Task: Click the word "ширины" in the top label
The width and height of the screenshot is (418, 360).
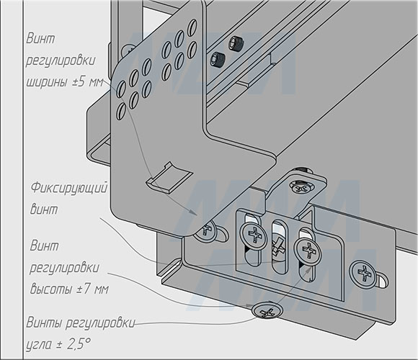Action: [47, 82]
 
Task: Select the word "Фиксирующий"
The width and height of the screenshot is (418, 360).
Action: [69, 188]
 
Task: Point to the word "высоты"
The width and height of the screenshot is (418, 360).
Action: [51, 289]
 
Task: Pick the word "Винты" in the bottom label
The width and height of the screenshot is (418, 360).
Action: [44, 323]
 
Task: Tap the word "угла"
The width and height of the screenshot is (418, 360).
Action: [39, 345]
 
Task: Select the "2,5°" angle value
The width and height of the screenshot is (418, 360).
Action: [79, 344]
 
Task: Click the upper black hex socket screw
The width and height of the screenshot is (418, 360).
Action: [236, 43]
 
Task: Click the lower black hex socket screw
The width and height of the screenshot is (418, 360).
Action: [218, 60]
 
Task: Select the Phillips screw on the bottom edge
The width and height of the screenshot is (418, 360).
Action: [267, 310]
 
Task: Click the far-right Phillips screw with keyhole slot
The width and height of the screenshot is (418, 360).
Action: [363, 274]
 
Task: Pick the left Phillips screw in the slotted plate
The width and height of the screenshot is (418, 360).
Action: [254, 235]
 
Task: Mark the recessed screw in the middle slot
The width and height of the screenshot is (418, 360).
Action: [279, 247]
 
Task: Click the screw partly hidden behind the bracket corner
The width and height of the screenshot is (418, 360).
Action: [207, 230]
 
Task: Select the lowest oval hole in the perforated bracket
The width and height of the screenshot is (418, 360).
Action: [121, 112]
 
